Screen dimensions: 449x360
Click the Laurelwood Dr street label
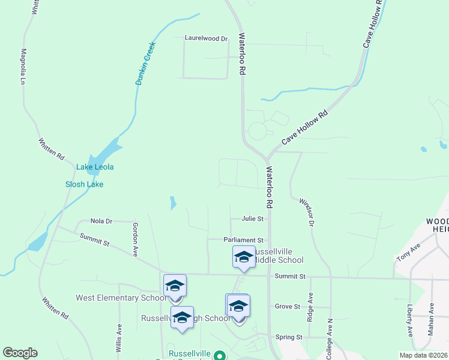tap(206, 38)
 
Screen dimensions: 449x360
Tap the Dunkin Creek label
tap(145, 63)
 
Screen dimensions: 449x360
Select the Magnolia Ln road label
tap(24, 67)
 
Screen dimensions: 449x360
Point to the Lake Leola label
tap(95, 167)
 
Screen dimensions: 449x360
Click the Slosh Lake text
tap(84, 184)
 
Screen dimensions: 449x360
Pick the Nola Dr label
tap(101, 221)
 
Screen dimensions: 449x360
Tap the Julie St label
tap(253, 219)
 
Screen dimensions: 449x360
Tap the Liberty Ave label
tap(410, 320)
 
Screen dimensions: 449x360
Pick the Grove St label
tap(287, 307)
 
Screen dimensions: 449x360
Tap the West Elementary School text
tap(121, 298)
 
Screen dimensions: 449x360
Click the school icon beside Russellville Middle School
tap(244, 257)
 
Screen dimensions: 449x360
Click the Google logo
tap(20, 353)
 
